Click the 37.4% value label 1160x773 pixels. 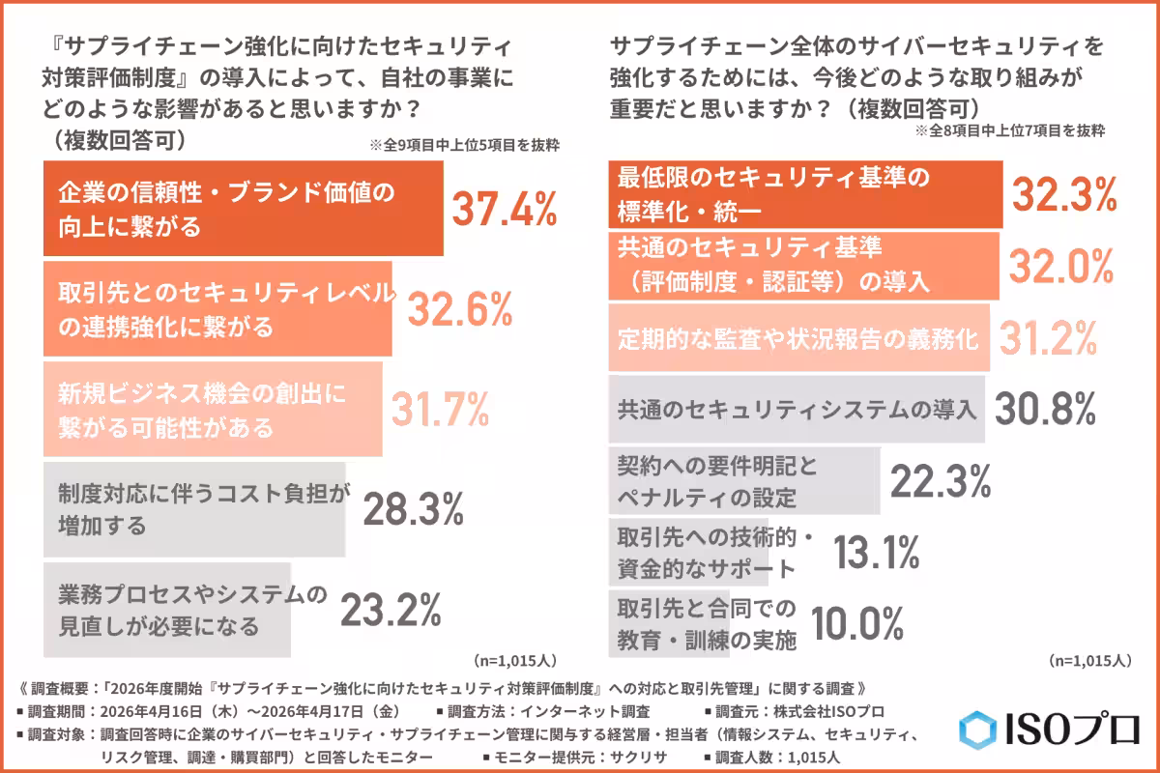[x=506, y=209]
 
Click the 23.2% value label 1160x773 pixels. [x=390, y=611]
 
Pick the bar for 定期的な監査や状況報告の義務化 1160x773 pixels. [x=798, y=338]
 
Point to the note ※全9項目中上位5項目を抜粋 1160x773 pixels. [x=464, y=146]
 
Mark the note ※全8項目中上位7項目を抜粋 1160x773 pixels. [x=1009, y=129]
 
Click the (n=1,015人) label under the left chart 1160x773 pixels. [x=514, y=662]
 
